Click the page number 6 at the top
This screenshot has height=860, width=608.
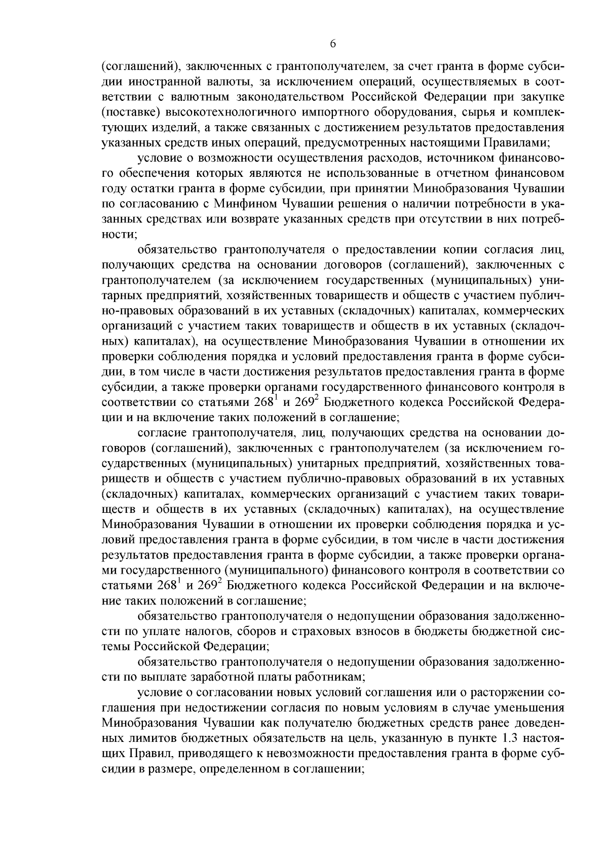pyautogui.click(x=333, y=44)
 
